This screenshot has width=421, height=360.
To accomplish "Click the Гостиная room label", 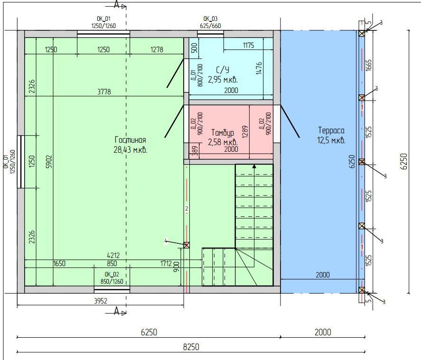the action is (x=130, y=140).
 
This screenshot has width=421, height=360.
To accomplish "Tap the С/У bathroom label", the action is (x=223, y=70).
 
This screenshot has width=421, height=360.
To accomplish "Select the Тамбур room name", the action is (x=223, y=132).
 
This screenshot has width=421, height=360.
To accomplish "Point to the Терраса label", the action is (x=331, y=130).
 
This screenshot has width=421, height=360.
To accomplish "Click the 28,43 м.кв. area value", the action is (x=131, y=149).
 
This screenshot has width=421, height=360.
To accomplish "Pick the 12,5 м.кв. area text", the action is (x=331, y=140).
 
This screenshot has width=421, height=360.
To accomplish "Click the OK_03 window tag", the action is (x=211, y=18).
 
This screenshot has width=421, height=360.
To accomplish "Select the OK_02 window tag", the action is (x=112, y=274).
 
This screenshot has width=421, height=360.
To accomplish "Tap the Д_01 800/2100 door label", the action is (x=197, y=75).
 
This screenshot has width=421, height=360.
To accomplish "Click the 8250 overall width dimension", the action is (x=191, y=347).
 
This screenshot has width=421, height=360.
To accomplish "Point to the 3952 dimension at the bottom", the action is (x=101, y=301).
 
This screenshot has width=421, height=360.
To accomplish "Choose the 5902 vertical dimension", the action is (x=49, y=161).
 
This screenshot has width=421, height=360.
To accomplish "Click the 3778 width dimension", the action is (x=104, y=92).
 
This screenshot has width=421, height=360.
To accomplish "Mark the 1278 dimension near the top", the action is (x=157, y=49).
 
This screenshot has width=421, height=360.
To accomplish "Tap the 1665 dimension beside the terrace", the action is (x=369, y=65).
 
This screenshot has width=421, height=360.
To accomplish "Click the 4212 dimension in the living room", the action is (x=113, y=255).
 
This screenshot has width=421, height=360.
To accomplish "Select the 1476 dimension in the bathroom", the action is (x=259, y=68).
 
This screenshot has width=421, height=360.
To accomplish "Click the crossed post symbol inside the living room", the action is (x=187, y=245).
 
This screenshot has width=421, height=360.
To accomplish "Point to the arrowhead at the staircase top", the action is (x=254, y=166).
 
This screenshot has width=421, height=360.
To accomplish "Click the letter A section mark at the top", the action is (x=116, y=4).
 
